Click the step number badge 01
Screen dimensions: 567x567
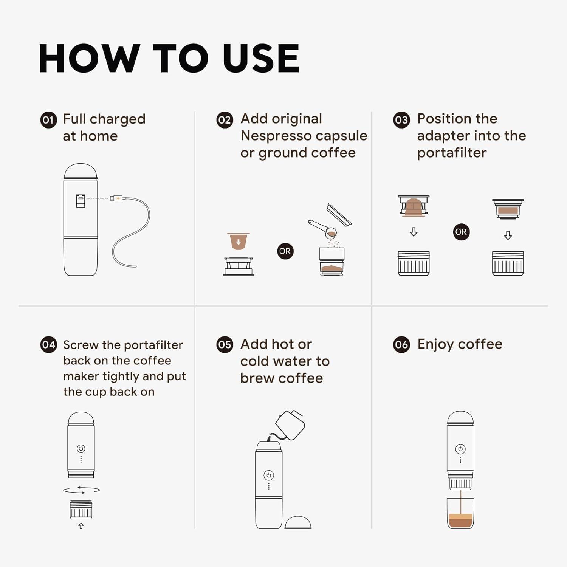(48, 120)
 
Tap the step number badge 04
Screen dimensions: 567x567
(48, 345)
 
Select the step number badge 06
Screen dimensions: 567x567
(401, 345)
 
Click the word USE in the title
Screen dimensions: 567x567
(261, 59)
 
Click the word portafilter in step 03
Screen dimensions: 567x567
(452, 153)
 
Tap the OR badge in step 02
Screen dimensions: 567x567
(285, 251)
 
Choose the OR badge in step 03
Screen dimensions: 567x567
(461, 232)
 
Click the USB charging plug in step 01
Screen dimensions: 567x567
(116, 198)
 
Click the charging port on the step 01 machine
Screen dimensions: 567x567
(81, 201)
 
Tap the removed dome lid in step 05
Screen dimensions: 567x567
(298, 522)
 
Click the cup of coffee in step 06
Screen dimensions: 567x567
(460, 514)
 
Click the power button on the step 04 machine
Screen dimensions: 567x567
(81, 449)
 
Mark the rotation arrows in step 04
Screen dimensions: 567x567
(81, 490)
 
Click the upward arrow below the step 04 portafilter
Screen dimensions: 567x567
(81, 526)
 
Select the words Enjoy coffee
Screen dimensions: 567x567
(460, 344)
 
